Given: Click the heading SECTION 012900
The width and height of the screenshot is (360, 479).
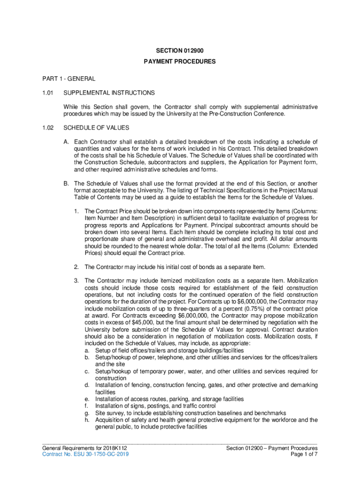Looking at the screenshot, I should (180, 51).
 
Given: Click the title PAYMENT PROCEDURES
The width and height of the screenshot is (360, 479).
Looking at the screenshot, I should (180, 61).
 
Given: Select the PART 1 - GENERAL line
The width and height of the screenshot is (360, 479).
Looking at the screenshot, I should (63, 79).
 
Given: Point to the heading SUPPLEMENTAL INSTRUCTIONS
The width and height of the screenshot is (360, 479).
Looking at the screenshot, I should (109, 93).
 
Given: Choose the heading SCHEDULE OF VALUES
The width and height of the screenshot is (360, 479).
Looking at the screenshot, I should (96, 128).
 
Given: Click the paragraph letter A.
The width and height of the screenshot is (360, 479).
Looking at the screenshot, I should (66, 142).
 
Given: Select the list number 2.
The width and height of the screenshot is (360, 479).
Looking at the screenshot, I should (76, 267).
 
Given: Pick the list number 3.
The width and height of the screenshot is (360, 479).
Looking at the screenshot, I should (76, 281).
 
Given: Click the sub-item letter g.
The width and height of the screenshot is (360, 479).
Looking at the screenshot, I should (87, 413).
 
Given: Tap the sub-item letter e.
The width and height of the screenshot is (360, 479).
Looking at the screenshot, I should (87, 399).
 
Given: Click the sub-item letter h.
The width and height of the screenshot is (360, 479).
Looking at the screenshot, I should (87, 420).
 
